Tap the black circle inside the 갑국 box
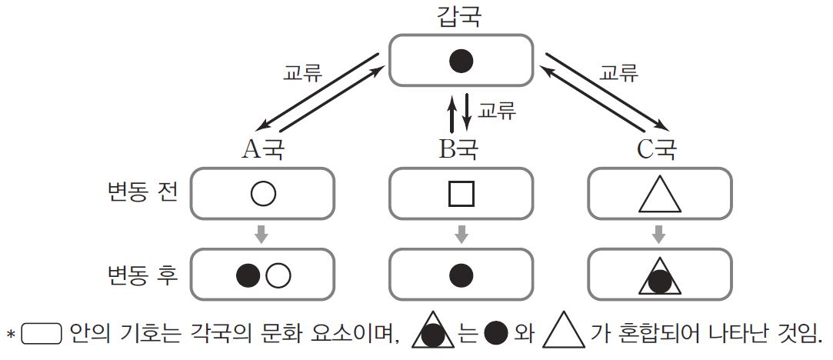(x=461, y=61)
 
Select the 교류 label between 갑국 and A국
(x=303, y=75)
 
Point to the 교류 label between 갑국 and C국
(x=618, y=75)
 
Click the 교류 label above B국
(x=497, y=110)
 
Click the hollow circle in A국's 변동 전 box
(x=262, y=193)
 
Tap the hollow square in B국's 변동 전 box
(x=461, y=193)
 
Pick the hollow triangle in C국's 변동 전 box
(x=660, y=194)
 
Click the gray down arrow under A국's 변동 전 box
(x=262, y=233)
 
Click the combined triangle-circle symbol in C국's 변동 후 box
(x=660, y=276)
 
